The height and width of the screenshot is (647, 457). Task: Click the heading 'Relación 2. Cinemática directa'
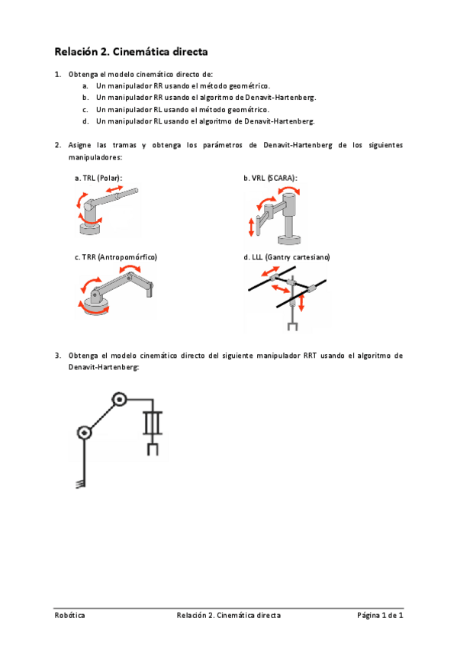[x=131, y=52]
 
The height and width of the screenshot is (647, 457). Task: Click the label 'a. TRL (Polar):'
[x=98, y=178]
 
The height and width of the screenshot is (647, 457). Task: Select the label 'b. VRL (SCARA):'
[x=270, y=178]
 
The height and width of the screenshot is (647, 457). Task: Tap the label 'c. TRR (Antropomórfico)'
[x=116, y=258]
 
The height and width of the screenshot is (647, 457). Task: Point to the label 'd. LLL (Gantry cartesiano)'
[x=286, y=258]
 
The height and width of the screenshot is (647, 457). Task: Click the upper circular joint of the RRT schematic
[x=119, y=399]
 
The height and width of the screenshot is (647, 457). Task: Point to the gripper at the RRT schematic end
[x=153, y=448]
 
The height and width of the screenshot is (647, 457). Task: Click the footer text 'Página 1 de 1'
[x=380, y=615]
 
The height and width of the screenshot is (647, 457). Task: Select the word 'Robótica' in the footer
[x=69, y=615]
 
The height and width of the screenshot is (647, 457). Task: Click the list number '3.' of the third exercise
[x=58, y=356]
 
